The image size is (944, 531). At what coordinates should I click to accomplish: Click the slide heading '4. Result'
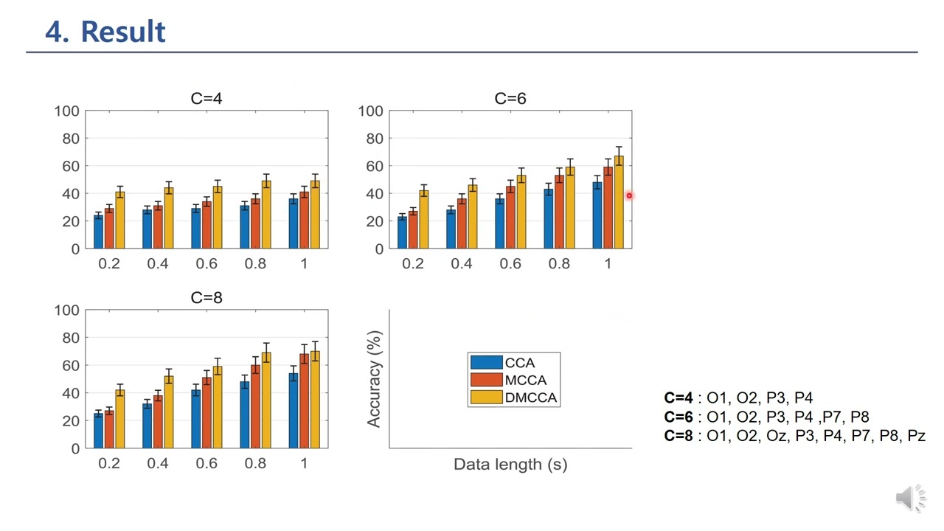(105, 32)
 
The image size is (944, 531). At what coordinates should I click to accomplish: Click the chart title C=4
(206, 99)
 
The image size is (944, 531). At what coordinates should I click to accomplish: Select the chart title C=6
(510, 99)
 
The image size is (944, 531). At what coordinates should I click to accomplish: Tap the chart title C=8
(206, 298)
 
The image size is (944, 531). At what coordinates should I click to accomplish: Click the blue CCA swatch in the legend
(486, 363)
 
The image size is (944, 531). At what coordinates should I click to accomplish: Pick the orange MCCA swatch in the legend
(486, 381)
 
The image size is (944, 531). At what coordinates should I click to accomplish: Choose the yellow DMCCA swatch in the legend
(486, 398)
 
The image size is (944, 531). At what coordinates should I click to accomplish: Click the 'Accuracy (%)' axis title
(375, 379)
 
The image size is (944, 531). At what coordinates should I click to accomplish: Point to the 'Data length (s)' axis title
(510, 464)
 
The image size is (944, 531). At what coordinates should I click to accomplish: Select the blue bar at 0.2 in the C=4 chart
(99, 232)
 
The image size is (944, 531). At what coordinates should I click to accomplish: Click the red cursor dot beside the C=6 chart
(629, 195)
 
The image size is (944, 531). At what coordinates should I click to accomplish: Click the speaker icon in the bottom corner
(911, 499)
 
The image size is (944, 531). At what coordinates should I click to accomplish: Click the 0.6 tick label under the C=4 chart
(206, 264)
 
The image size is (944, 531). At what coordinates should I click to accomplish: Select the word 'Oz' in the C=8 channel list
(777, 436)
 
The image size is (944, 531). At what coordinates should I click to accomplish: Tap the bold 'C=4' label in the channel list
(678, 398)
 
